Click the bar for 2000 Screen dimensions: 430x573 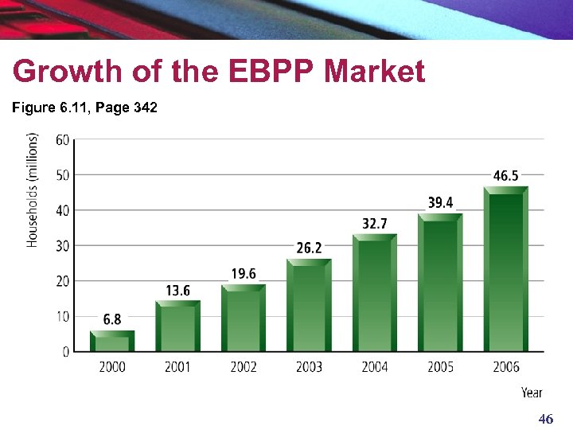click(x=112, y=341)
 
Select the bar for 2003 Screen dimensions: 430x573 click(x=309, y=305)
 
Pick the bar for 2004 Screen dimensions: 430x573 click(x=374, y=293)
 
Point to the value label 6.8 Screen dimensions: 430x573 click(x=112, y=319)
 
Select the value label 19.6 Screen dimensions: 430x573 click(x=244, y=274)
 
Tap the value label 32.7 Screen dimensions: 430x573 click(x=375, y=224)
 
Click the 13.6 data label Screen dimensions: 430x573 click(x=177, y=291)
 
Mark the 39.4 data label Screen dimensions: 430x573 click(x=440, y=203)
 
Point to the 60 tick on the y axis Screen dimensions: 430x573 click(x=62, y=140)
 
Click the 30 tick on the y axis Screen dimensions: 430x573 click(x=62, y=246)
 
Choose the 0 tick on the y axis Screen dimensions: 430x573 click(x=66, y=351)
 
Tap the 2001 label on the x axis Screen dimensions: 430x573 click(x=177, y=367)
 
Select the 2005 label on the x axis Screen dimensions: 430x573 click(x=440, y=367)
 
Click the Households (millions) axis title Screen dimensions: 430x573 click(x=33, y=190)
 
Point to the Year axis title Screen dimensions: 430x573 click(x=532, y=392)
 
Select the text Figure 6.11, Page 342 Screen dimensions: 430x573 click(x=84, y=107)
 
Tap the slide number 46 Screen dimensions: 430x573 click(x=545, y=419)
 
